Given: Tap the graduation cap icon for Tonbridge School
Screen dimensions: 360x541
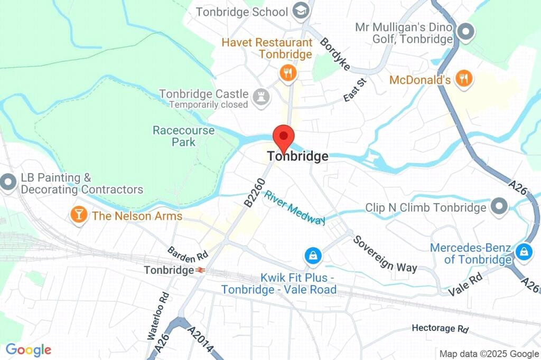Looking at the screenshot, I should click(301, 12).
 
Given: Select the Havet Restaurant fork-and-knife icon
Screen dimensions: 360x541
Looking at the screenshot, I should click(287, 73).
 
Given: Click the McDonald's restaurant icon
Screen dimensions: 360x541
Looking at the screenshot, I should click(464, 79).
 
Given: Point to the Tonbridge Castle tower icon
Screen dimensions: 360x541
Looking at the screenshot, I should click(260, 97).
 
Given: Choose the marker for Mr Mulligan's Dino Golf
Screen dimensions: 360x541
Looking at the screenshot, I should click(465, 32).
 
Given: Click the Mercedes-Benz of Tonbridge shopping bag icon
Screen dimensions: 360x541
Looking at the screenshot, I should click(524, 251).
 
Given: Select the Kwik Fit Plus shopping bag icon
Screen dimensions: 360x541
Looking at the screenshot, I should click(313, 256).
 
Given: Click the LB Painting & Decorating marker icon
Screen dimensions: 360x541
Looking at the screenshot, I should click(8, 183).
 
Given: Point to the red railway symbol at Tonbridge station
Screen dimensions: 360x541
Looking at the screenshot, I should click(200, 270).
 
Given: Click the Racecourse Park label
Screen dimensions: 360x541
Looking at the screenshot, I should click(176, 136).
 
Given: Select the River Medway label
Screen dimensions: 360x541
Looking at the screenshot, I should click(295, 207).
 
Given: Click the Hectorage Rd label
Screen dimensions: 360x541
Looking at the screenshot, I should click(440, 328).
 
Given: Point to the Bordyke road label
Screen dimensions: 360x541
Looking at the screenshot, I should click(335, 54).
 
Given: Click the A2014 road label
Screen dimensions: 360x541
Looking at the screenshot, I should click(201, 340).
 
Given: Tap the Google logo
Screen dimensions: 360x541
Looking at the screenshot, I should click(29, 349).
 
